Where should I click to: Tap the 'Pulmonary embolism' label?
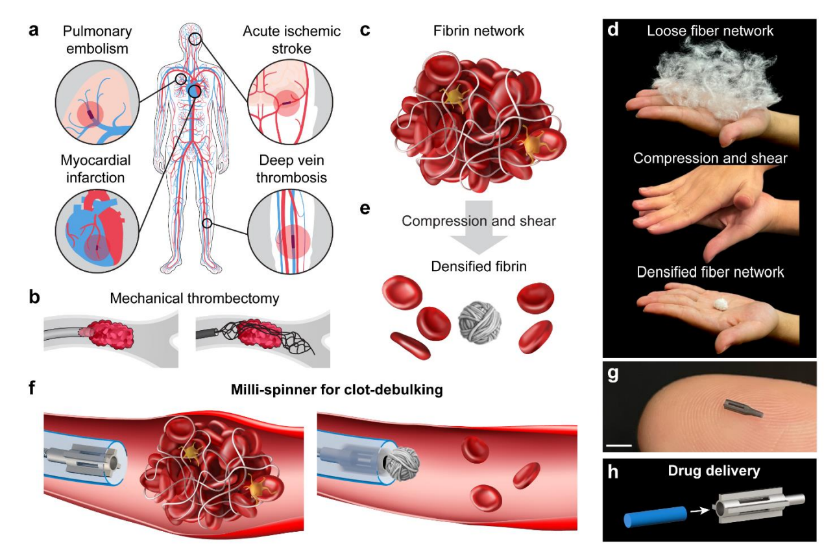98,40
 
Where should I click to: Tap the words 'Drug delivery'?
714,472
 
